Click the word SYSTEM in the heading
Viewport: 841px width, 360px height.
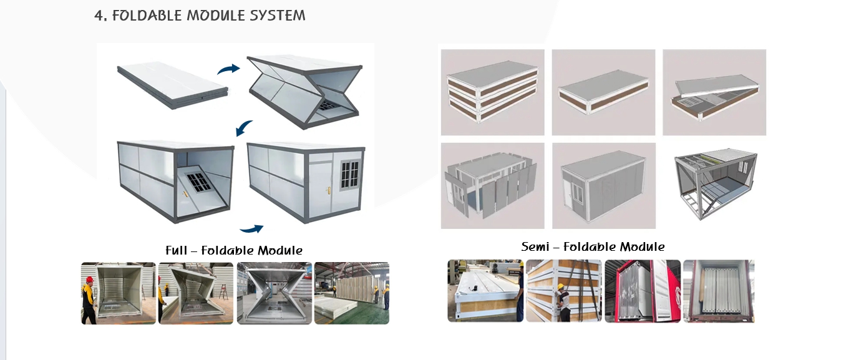pos(276,16)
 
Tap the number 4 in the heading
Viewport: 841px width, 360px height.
pos(99,16)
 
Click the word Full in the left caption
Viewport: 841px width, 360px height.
pos(176,250)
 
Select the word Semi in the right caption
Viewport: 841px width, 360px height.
pos(538,246)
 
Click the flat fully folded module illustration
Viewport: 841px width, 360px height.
pos(172,85)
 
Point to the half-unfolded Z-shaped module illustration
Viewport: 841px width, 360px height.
pos(303,90)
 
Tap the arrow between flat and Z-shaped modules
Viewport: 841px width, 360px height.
pos(228,69)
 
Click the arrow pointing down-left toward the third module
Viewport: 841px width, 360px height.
pos(244,128)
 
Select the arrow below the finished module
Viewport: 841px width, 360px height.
pos(251,229)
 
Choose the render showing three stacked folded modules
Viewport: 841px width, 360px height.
pos(491,92)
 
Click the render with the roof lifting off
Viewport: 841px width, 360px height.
pos(714,92)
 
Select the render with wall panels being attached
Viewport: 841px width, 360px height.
pos(491,185)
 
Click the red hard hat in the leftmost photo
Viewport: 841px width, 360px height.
pos(89,280)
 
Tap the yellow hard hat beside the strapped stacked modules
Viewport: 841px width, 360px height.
pos(561,287)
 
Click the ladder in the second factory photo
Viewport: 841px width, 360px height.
pos(223,291)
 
